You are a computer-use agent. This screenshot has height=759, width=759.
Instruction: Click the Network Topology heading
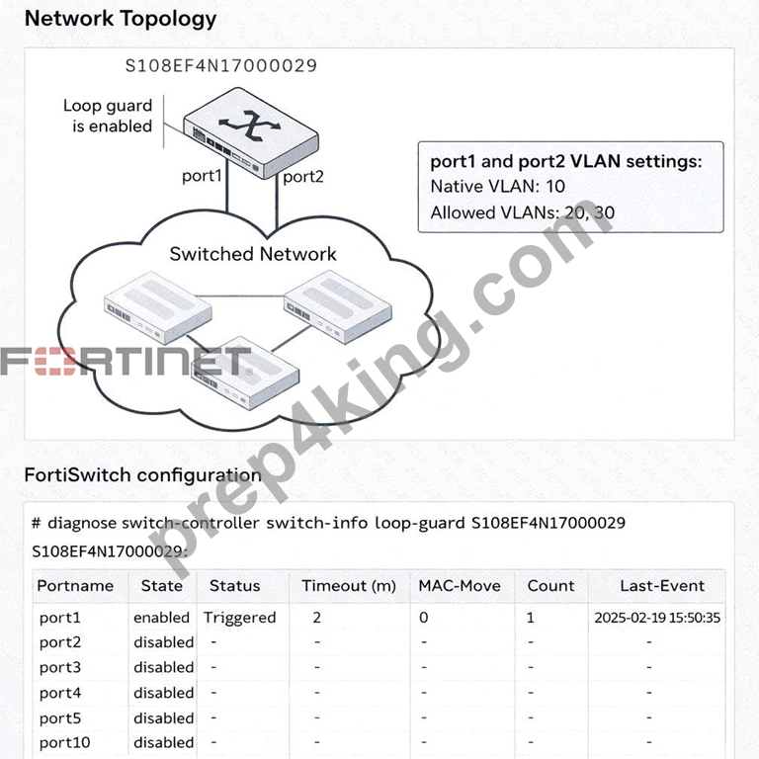[x=120, y=20]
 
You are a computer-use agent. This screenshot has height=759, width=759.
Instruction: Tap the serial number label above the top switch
[x=221, y=65]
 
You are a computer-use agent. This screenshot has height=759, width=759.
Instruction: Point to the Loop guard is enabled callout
[x=108, y=116]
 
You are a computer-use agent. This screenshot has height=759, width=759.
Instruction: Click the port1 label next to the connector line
[x=202, y=176]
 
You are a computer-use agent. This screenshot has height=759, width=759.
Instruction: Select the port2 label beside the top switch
[x=303, y=177]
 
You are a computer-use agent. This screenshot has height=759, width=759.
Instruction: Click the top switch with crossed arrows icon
[x=251, y=132]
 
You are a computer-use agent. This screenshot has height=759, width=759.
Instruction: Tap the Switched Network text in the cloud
[x=253, y=254]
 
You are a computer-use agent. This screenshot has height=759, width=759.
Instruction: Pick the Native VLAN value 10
[x=555, y=187]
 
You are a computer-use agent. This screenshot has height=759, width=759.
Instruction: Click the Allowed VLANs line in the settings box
[x=522, y=212]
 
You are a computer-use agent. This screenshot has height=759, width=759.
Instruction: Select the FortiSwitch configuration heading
[x=142, y=475]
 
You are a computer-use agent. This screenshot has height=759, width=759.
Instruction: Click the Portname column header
[x=75, y=586]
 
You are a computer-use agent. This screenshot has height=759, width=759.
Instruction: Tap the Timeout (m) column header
[x=349, y=586]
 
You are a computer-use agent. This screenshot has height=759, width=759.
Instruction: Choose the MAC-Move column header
[x=460, y=586]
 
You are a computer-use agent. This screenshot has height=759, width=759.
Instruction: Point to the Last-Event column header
[x=662, y=586]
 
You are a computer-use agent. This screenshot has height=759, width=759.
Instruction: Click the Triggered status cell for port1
[x=239, y=618]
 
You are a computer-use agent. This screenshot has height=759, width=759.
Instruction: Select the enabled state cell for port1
[x=161, y=618]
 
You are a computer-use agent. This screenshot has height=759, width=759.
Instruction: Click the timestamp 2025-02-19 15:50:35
[x=657, y=618]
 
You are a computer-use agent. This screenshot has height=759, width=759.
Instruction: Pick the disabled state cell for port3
[x=164, y=667]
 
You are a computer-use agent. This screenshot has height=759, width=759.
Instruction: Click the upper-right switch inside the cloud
[x=338, y=306]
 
